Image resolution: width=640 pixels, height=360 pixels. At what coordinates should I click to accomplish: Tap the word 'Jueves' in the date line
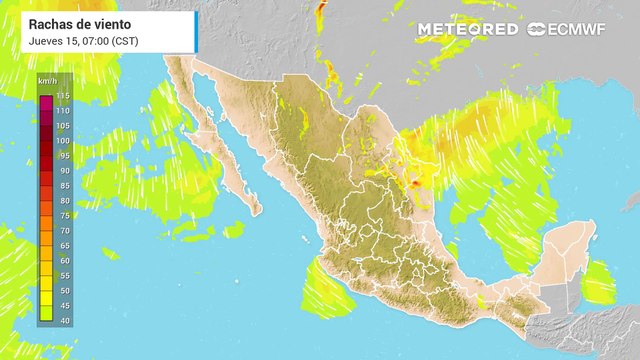pos(48,40)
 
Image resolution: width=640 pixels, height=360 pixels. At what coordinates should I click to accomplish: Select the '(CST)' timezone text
pos(125,40)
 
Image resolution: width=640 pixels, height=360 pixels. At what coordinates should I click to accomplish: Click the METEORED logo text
pos(468,29)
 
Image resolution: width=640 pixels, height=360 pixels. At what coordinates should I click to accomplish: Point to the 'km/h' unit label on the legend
pos(46,80)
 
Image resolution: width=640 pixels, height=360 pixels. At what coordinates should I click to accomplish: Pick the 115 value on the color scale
pos(62,95)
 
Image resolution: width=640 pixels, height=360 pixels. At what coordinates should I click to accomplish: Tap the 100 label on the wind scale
pos(62,141)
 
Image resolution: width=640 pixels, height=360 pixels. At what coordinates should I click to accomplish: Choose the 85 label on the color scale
pos(62,186)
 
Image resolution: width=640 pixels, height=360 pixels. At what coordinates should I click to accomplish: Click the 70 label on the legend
pos(62,231)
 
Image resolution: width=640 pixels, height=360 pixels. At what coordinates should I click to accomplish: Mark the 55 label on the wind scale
pos(62,275)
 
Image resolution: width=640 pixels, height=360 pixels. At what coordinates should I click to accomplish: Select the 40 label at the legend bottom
pos(62,320)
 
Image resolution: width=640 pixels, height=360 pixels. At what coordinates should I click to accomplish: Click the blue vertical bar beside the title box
pos(196,30)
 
